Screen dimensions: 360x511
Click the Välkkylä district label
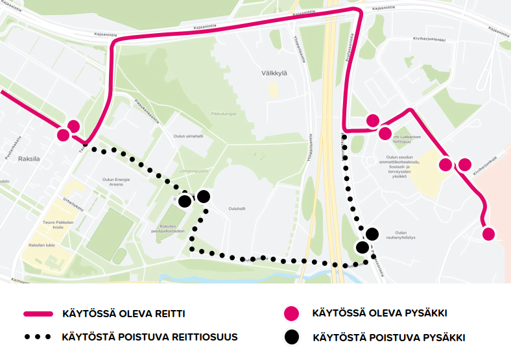pyautogui.click(x=276, y=74)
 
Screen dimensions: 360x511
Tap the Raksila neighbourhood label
pyautogui.click(x=30, y=158)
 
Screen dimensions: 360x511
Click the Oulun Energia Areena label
pyautogui.click(x=117, y=181)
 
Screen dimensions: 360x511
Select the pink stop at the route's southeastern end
pyautogui.click(x=488, y=234)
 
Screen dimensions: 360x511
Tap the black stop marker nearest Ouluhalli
pyautogui.click(x=204, y=197)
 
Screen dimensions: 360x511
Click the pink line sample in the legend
pyautogui.click(x=38, y=314)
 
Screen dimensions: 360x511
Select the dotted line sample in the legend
pyautogui.click(x=38, y=337)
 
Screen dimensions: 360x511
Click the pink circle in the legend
pyautogui.click(x=292, y=314)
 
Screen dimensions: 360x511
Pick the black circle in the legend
pyautogui.click(x=292, y=337)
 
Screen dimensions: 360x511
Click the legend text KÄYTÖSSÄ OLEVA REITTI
pyautogui.click(x=124, y=314)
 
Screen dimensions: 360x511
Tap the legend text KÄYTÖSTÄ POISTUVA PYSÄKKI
pyautogui.click(x=388, y=337)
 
